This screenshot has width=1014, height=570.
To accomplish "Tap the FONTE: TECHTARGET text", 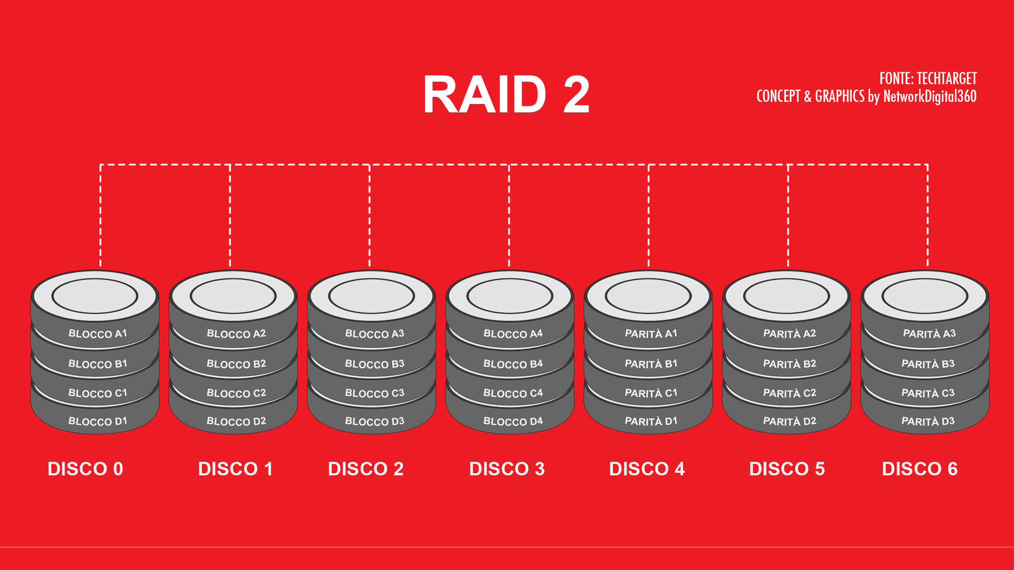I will point(927,79).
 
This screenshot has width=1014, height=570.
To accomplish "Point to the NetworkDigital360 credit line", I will point(866,96).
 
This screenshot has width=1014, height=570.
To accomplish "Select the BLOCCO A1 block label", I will point(98,334).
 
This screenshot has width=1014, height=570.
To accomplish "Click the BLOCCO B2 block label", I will point(236,364).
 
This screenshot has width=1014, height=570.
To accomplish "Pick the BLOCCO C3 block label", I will point(374,393).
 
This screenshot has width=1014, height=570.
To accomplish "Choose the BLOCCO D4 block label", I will point(513,421).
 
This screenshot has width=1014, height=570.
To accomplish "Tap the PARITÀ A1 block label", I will point(651,334).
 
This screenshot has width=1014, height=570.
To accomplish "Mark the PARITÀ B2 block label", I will point(789,364).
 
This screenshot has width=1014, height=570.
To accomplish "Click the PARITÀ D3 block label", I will point(927,421).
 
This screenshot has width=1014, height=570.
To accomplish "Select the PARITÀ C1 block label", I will point(651,393).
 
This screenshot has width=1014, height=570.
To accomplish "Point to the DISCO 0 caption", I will point(85,469).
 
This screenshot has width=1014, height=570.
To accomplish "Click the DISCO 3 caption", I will point(507,469).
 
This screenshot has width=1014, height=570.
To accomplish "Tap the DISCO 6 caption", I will point(920,469).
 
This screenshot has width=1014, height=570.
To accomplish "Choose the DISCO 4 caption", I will point(647,469).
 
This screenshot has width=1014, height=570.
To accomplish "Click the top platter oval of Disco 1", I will point(233,296).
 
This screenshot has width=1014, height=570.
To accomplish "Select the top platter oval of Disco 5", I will point(786,296).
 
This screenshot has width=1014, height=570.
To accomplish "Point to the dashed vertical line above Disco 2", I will point(369,216).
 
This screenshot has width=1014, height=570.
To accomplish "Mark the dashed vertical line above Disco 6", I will point(927,216).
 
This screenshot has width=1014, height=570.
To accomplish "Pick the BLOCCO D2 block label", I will point(236,421).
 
